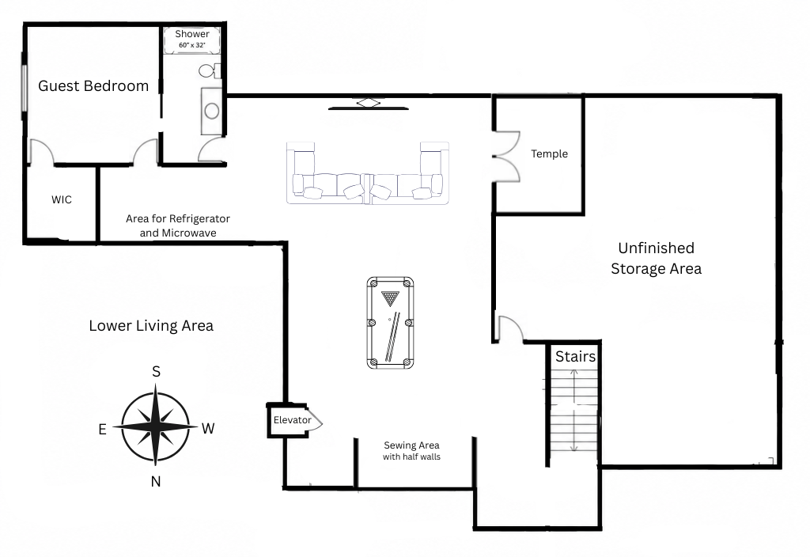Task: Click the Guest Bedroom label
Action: coord(93,85)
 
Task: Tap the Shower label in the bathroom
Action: coord(192,34)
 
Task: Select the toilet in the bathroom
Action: coord(209,70)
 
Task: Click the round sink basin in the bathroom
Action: coord(212,110)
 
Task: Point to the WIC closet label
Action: coord(62,199)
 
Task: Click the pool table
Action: coord(391,323)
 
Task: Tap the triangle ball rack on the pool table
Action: coord(391,298)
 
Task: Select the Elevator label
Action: coord(293,420)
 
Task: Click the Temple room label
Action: coord(549,153)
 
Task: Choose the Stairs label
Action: coord(575,357)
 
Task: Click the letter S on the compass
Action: coord(156,372)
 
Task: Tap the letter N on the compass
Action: coord(156,482)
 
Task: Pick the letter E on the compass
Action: coord(102,429)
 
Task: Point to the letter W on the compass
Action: coord(208,428)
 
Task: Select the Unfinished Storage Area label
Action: coord(656,259)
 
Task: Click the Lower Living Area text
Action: coord(151,325)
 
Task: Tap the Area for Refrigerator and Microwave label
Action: coord(178,225)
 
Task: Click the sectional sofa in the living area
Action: coord(368,172)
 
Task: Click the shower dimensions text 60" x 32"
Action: coord(192,45)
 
